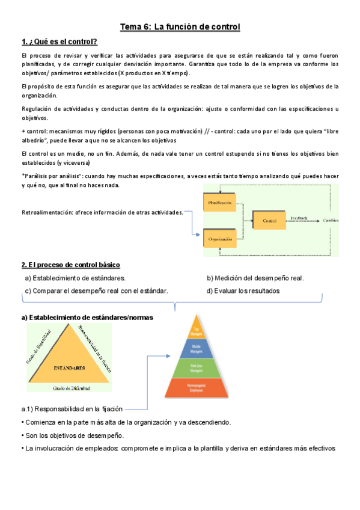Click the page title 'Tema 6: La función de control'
pyautogui.click(x=180, y=27)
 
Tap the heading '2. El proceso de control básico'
pyautogui.click(x=71, y=265)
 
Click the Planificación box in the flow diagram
pyautogui.click(x=220, y=203)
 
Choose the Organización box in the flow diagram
pyautogui.click(x=220, y=239)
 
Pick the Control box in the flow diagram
pyautogui.click(x=269, y=221)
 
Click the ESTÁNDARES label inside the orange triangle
pyautogui.click(x=69, y=367)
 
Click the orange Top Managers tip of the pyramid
pyautogui.click(x=195, y=328)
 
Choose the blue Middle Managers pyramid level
pyautogui.click(x=195, y=347)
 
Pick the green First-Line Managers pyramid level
pyautogui.click(x=195, y=367)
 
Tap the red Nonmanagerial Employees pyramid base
pyautogui.click(x=195, y=388)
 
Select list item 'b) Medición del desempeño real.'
pyautogui.click(x=255, y=278)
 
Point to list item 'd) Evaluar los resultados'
pyautogui.click(x=243, y=291)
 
